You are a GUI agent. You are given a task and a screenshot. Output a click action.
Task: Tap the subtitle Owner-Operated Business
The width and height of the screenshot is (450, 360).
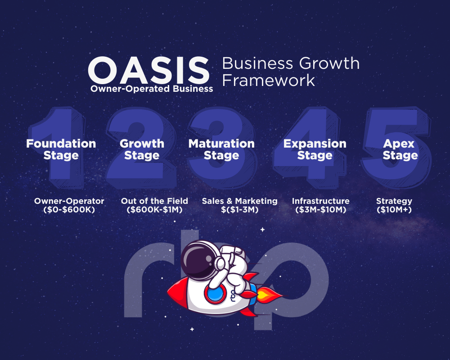[x=152, y=89]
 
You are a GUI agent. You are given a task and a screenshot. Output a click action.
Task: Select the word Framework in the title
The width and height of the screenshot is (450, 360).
[x=268, y=80]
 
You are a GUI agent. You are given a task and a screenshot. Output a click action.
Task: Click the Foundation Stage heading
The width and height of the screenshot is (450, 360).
[x=61, y=149]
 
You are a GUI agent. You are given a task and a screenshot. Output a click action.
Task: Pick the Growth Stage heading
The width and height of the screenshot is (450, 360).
[x=142, y=149]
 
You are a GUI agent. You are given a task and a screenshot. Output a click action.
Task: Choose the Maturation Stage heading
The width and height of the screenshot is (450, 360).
[x=221, y=149]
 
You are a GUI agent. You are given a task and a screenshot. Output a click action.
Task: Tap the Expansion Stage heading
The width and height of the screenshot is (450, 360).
[x=315, y=149]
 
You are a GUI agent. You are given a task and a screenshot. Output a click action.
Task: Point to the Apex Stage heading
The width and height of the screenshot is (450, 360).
[x=400, y=149]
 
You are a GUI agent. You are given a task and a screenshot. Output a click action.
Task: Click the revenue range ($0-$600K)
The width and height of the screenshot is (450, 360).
[x=69, y=210]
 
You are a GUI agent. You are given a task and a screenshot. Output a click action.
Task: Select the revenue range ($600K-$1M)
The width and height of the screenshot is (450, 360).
[x=154, y=210]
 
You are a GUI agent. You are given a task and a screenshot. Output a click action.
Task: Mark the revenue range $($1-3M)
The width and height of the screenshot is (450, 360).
[x=239, y=210]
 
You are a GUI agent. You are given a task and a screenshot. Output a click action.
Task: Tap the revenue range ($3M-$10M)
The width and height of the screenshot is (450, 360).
[x=320, y=210]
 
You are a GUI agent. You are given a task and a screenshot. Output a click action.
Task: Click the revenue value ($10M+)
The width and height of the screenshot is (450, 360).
[x=394, y=210]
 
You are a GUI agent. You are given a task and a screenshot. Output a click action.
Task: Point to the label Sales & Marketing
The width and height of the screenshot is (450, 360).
[x=239, y=201]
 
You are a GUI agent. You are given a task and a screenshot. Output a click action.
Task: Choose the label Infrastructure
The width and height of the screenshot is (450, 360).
[x=320, y=201]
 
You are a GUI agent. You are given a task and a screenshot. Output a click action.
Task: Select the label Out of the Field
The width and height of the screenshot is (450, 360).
[x=154, y=201]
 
